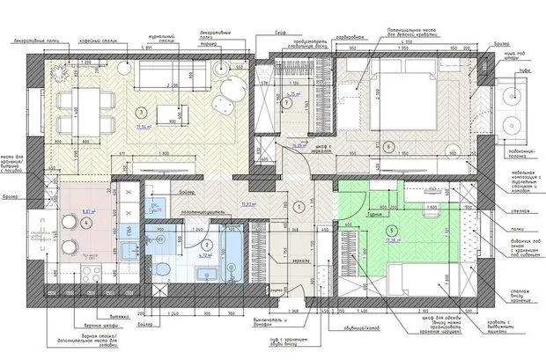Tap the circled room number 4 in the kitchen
(85, 224)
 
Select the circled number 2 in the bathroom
(206, 246)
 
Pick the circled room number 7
(287, 103)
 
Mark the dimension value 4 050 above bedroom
(407, 41)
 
